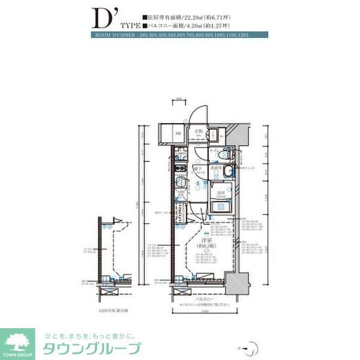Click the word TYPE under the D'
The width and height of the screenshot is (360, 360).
click(130, 26)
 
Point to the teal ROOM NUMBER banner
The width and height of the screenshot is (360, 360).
click(181, 36)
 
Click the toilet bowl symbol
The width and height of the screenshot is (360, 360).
click(223, 154)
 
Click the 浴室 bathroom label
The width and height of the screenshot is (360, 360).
click(220, 193)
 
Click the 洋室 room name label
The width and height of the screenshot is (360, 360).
click(206, 241)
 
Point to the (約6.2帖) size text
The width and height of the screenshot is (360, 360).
click(206, 247)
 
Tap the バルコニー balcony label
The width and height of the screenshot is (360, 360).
click(203, 297)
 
